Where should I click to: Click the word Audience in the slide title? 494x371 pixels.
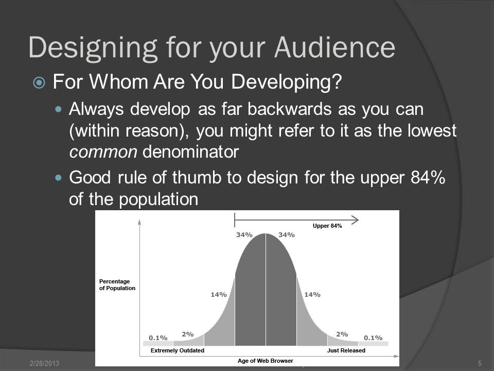335,47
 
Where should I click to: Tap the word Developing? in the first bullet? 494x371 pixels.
287,82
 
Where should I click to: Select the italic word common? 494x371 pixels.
103,152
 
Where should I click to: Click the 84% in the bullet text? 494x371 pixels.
428,177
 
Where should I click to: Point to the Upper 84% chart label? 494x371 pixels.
327,226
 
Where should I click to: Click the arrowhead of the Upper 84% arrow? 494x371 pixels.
355,220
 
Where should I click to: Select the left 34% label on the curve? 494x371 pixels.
244,235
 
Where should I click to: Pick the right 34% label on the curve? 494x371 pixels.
287,235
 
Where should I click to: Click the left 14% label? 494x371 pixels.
219,294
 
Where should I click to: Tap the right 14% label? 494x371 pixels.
312,294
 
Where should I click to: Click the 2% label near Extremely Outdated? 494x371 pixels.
188,334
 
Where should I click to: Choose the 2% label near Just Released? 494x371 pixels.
342,334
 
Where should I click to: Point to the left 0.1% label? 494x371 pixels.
158,338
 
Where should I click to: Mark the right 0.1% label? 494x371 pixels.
373,338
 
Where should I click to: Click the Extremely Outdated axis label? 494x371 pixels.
178,350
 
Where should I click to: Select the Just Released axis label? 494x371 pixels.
346,350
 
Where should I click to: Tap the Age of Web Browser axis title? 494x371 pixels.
266,361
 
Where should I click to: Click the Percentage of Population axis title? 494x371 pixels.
117,284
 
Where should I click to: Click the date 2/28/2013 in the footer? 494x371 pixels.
44,363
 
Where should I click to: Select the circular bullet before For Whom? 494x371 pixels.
39,83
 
